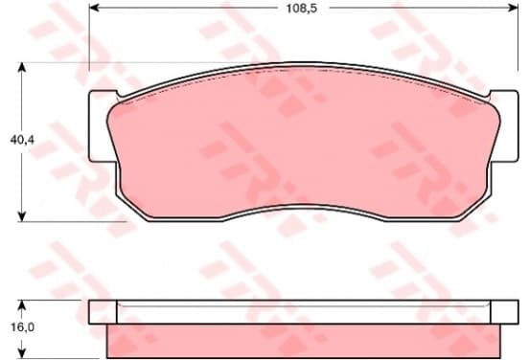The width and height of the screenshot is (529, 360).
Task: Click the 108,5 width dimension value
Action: point(302,9)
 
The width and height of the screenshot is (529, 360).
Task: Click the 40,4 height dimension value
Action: point(22,140)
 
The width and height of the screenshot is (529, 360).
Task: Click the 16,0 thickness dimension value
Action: point(23,326)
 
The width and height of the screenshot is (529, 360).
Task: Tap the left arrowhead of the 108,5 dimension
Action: point(94,8)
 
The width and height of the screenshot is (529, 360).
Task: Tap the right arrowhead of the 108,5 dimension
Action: point(513,8)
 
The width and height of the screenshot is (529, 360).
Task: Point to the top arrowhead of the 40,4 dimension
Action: point(22,67)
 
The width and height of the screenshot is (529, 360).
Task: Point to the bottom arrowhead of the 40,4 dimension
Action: point(22,216)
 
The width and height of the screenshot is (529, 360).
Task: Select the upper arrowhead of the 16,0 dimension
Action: point(22,305)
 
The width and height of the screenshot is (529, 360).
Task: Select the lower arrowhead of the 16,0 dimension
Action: point(22,352)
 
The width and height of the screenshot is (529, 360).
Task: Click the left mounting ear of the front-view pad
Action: point(101,126)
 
